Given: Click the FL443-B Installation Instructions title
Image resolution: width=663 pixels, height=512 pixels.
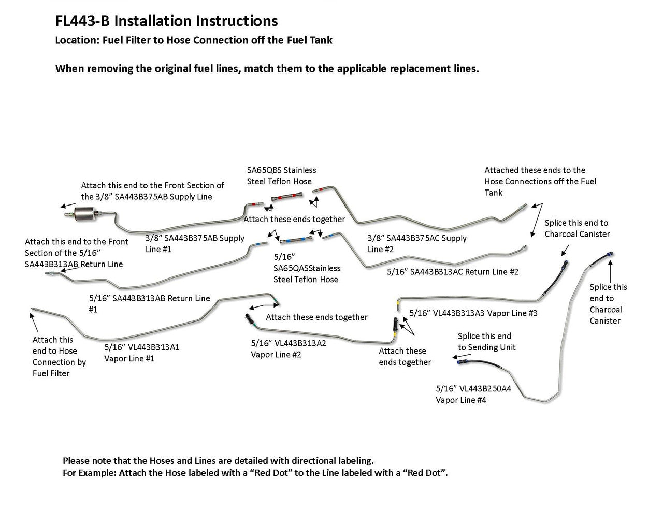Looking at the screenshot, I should tap(166, 21).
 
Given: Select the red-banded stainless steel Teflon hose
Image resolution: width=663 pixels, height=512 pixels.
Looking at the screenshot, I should tap(286, 197).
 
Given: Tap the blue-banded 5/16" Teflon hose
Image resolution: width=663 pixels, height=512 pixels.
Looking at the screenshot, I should tap(294, 240).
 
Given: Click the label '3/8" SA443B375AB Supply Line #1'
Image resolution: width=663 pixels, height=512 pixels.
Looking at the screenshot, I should tap(195, 243).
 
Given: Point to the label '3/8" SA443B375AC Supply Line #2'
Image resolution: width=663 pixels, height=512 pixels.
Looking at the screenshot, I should tap(417, 243).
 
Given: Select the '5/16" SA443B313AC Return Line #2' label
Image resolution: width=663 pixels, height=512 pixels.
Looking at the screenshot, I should tap(453, 272).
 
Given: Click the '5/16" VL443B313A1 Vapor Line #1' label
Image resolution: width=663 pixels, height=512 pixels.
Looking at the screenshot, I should tap(142, 353).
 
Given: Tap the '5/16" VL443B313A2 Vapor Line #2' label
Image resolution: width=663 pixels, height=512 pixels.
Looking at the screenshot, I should tap(289, 348).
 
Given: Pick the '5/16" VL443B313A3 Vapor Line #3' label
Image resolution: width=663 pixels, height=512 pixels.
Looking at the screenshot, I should tap(473, 313).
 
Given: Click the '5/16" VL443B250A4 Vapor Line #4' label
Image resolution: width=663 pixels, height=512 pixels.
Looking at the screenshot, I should tap(473, 394).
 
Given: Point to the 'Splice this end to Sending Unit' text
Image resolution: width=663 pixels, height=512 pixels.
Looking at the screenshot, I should tap(486, 342).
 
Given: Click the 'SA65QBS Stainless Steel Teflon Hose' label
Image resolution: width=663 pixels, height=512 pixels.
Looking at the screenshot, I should tap(281, 175).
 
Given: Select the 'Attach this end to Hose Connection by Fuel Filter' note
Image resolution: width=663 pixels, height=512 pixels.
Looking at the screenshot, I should tap(59, 356).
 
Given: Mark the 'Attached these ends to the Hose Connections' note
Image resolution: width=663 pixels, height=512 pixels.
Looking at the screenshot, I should tap(540, 181).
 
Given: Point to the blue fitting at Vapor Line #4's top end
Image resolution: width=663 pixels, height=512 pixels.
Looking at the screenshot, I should tap(611, 254).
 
